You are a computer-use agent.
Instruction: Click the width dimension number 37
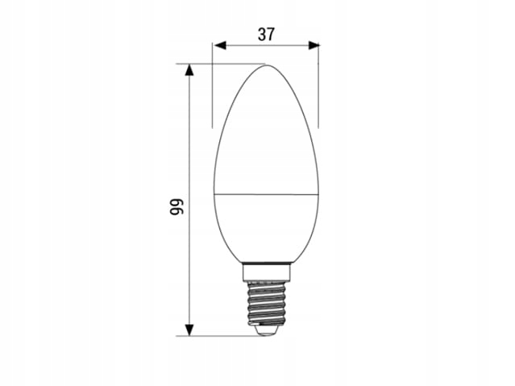click(265, 35)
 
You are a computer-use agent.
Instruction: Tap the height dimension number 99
click(177, 206)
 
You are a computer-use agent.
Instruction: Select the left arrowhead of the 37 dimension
click(219, 45)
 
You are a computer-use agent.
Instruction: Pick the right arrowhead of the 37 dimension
click(314, 45)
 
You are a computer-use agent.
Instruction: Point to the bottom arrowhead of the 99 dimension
click(189, 330)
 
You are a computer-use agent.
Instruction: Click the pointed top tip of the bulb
click(266, 65)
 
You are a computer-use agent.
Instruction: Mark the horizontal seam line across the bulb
click(266, 194)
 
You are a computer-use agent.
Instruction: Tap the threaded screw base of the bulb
click(266, 301)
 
